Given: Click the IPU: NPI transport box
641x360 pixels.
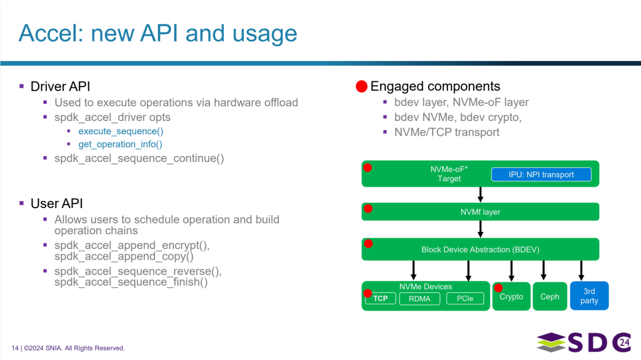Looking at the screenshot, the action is [541, 174].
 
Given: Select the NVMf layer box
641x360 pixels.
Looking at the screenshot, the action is [480, 212].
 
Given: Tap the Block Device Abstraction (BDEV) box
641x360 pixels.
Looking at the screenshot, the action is [480, 249].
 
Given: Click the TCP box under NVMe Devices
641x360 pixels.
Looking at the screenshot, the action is [380, 299].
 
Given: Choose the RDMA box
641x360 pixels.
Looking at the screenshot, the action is [420, 299].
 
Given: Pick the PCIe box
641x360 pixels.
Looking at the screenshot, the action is [465, 299].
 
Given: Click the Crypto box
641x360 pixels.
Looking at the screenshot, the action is [512, 297].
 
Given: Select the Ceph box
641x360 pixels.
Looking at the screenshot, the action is [550, 297].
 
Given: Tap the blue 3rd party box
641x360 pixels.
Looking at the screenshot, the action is [589, 296].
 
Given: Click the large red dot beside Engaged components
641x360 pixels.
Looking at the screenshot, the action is [361, 87].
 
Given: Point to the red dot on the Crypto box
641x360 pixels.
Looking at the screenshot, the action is [498, 288].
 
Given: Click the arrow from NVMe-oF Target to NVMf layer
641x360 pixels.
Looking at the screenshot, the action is [480, 195].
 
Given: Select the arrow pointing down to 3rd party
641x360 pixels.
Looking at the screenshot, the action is [581, 271].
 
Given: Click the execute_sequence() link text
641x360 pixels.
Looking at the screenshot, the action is [121, 131].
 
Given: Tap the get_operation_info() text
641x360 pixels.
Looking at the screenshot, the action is [120, 144].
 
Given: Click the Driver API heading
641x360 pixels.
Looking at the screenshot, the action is [61, 87].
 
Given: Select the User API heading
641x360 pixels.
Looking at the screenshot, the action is [57, 203].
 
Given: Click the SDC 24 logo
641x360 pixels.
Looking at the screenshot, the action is [584, 342].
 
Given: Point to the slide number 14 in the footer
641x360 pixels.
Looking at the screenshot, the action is [15, 348].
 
